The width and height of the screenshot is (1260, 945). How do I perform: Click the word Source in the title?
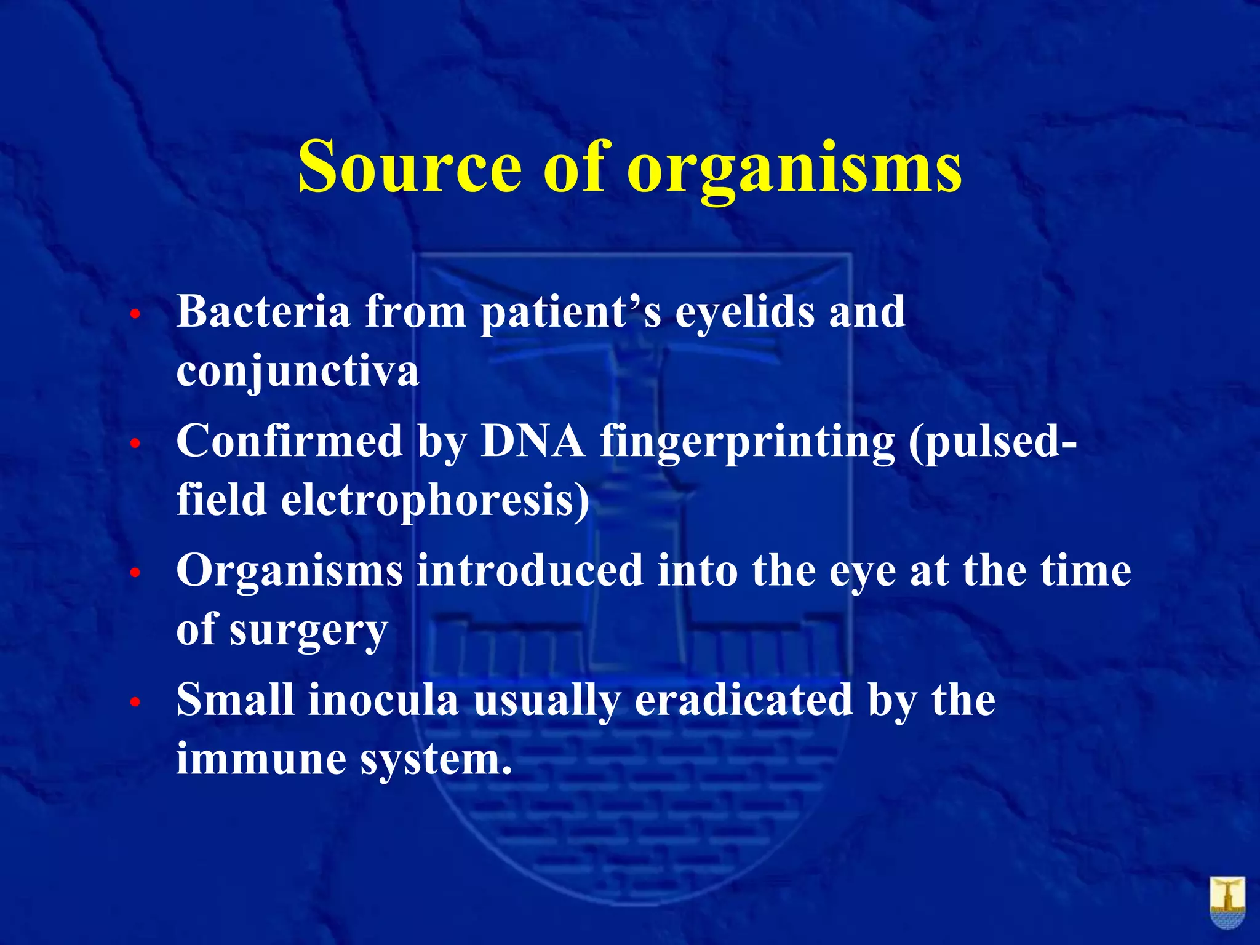pyautogui.click(x=410, y=167)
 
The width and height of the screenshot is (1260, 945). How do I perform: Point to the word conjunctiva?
pyautogui.click(x=298, y=372)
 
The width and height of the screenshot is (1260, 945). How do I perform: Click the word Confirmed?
pyautogui.click(x=289, y=441)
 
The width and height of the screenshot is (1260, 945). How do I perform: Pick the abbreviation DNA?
pyautogui.click(x=533, y=441)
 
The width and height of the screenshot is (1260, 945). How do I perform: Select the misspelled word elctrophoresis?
pyautogui.click(x=435, y=501)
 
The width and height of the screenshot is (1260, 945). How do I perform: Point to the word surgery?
pyautogui.click(x=308, y=631)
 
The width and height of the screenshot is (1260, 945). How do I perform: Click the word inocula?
pyautogui.click(x=383, y=700)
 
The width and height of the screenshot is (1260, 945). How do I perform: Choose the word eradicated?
pyautogui.click(x=743, y=700)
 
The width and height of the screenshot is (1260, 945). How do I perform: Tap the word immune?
pyautogui.click(x=261, y=758)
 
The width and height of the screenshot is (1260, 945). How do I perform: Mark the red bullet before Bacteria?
pyautogui.click(x=136, y=314)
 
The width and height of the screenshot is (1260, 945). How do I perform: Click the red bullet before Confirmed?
pyautogui.click(x=136, y=444)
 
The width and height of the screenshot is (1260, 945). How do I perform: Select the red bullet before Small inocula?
pyautogui.click(x=136, y=702)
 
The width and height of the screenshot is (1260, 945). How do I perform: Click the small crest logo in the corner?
pyautogui.click(x=1227, y=903)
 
